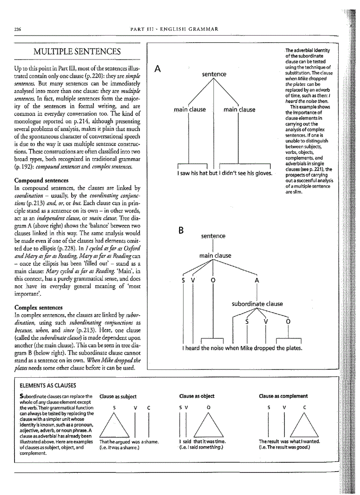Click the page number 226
(x=18, y=29)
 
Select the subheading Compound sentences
(x=41, y=181)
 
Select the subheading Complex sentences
(x=38, y=307)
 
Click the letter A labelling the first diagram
(x=157, y=69)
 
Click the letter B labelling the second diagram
(x=180, y=231)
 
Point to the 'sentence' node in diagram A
(x=214, y=74)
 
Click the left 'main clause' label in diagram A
(x=189, y=109)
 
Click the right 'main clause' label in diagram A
(x=239, y=109)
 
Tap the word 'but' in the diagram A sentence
(x=214, y=173)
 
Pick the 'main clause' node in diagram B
(x=215, y=255)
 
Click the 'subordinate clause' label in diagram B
(x=257, y=304)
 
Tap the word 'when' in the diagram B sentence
(x=232, y=349)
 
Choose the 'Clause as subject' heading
(x=118, y=396)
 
